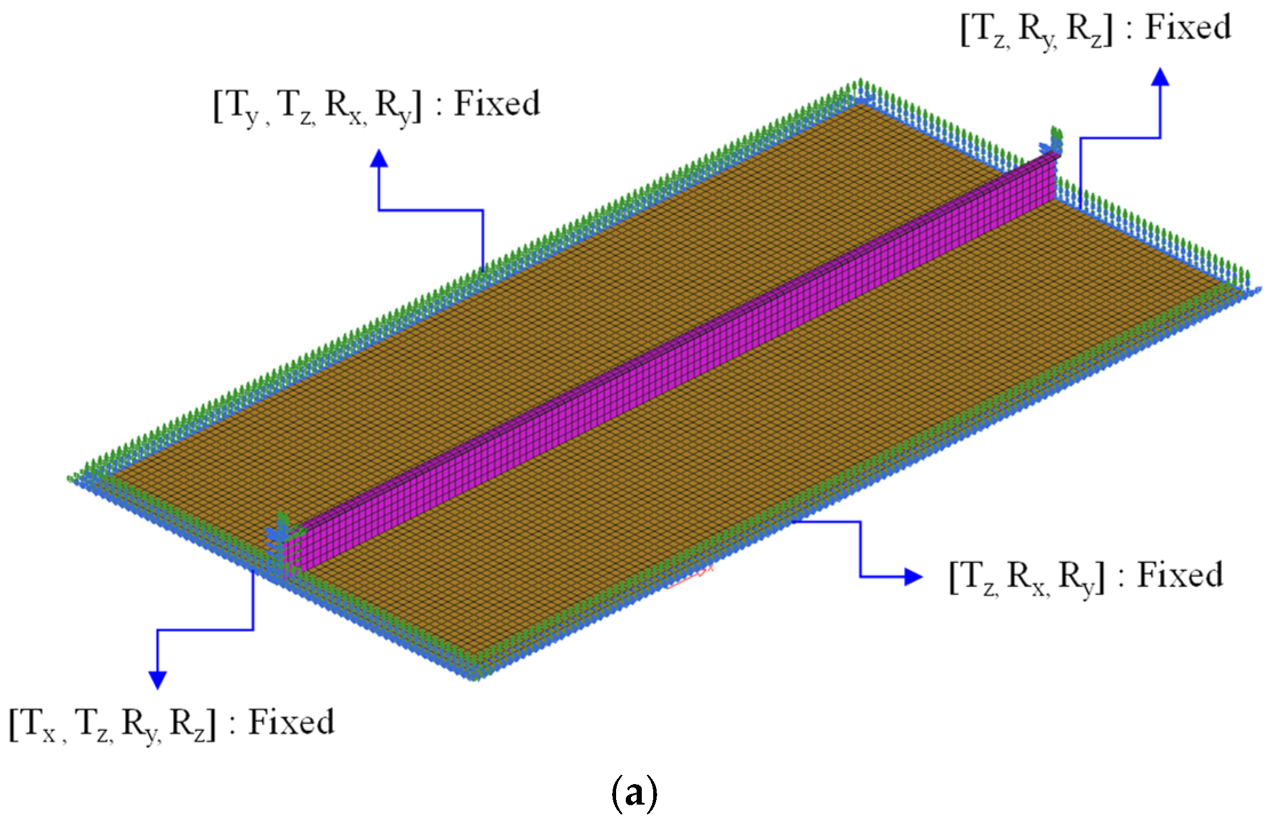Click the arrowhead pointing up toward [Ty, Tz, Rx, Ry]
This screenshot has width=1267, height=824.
tap(379, 159)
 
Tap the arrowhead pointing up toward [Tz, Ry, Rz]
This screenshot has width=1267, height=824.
tap(1160, 77)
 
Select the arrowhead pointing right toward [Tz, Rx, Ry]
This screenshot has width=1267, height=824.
tap(913, 577)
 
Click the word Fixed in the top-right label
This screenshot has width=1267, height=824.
tap(1188, 27)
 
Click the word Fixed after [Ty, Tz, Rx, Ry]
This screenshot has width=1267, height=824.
tap(496, 104)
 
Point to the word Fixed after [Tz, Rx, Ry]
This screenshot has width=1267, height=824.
tap(1180, 575)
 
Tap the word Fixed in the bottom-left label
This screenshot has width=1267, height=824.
tap(291, 722)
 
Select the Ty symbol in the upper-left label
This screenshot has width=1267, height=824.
tap(243, 107)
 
